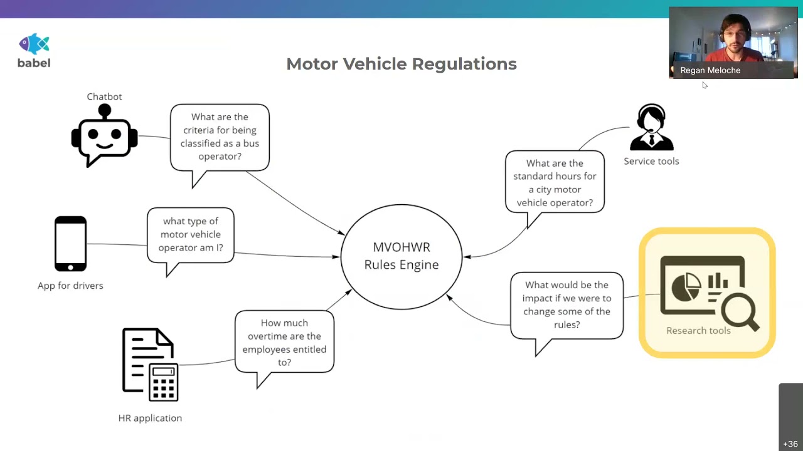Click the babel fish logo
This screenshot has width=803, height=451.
34,44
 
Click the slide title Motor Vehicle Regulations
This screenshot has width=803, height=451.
401,64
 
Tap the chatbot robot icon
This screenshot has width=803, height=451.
104,137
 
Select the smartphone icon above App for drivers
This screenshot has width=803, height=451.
70,244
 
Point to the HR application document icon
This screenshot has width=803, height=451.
150,365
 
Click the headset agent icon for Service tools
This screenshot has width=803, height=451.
651,128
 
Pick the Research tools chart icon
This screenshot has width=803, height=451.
707,291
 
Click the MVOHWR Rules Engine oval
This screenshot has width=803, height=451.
401,256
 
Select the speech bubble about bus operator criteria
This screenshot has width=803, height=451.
220,137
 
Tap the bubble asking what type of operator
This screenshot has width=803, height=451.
191,234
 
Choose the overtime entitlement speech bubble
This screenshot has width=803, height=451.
284,342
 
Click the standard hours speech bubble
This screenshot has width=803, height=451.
555,182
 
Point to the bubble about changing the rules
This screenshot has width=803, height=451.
566,305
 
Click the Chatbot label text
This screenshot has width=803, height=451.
104,96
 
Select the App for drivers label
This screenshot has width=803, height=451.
70,286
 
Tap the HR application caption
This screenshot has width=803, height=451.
150,418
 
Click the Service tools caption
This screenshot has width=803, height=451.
651,161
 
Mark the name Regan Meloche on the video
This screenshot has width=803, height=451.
710,70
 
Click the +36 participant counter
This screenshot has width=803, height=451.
790,444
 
